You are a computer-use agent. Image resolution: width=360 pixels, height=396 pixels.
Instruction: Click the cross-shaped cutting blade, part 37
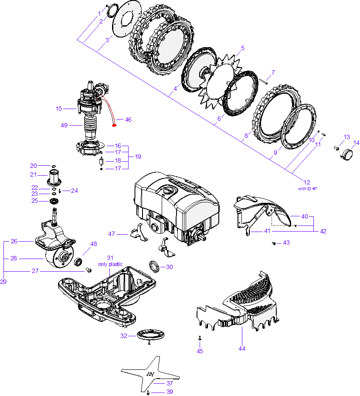click(x=150, y=374)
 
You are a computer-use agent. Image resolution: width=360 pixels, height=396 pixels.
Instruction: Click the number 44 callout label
click(x=242, y=348)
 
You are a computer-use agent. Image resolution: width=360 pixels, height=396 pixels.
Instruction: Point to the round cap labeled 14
click(x=347, y=154)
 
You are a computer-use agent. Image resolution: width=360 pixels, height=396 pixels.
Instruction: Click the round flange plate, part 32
click(x=150, y=335)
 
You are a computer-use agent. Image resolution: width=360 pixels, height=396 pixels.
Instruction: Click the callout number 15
click(x=59, y=108)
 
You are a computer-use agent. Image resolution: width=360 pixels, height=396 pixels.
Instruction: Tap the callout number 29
click(x=3, y=282)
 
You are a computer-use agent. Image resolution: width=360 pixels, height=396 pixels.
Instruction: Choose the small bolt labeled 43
click(x=273, y=243)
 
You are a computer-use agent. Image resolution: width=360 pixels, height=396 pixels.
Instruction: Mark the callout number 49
click(x=65, y=125)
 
